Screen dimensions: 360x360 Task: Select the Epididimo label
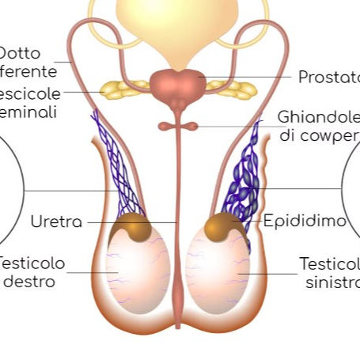click(x=305, y=221)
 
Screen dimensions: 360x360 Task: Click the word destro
click(x=29, y=281)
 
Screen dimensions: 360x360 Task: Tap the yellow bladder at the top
click(x=178, y=24)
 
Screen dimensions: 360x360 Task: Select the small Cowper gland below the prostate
click(x=179, y=126)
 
